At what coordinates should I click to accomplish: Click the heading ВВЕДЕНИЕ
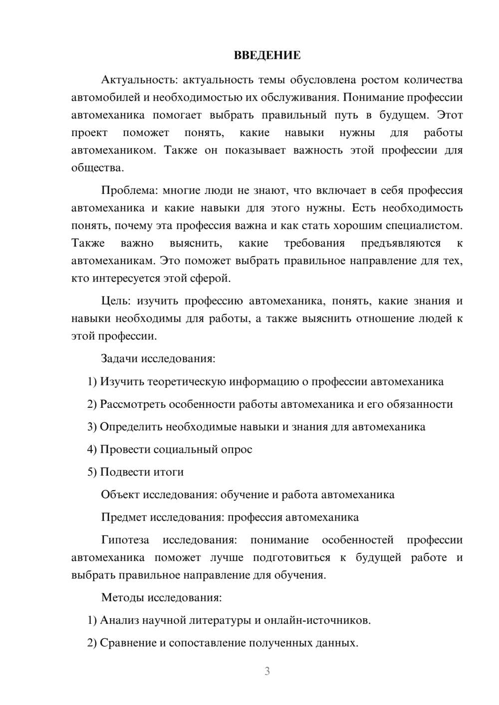click(267, 55)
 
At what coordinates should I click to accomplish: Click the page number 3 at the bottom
click(267, 671)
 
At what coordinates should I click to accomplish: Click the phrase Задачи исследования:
click(158, 358)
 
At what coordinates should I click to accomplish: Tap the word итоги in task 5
click(169, 472)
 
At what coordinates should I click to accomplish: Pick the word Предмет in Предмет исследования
click(124, 517)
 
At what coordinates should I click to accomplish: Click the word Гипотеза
click(125, 540)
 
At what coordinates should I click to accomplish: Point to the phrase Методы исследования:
click(161, 597)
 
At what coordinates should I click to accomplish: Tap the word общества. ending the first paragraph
click(97, 168)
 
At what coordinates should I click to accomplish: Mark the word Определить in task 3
click(131, 427)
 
